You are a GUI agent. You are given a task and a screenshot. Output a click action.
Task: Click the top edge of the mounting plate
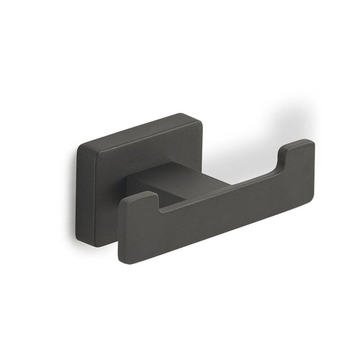[x=139, y=130]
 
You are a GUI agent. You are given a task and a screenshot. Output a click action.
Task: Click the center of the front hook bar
[x=216, y=206]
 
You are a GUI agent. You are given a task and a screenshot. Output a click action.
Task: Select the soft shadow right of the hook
[x=309, y=123]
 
